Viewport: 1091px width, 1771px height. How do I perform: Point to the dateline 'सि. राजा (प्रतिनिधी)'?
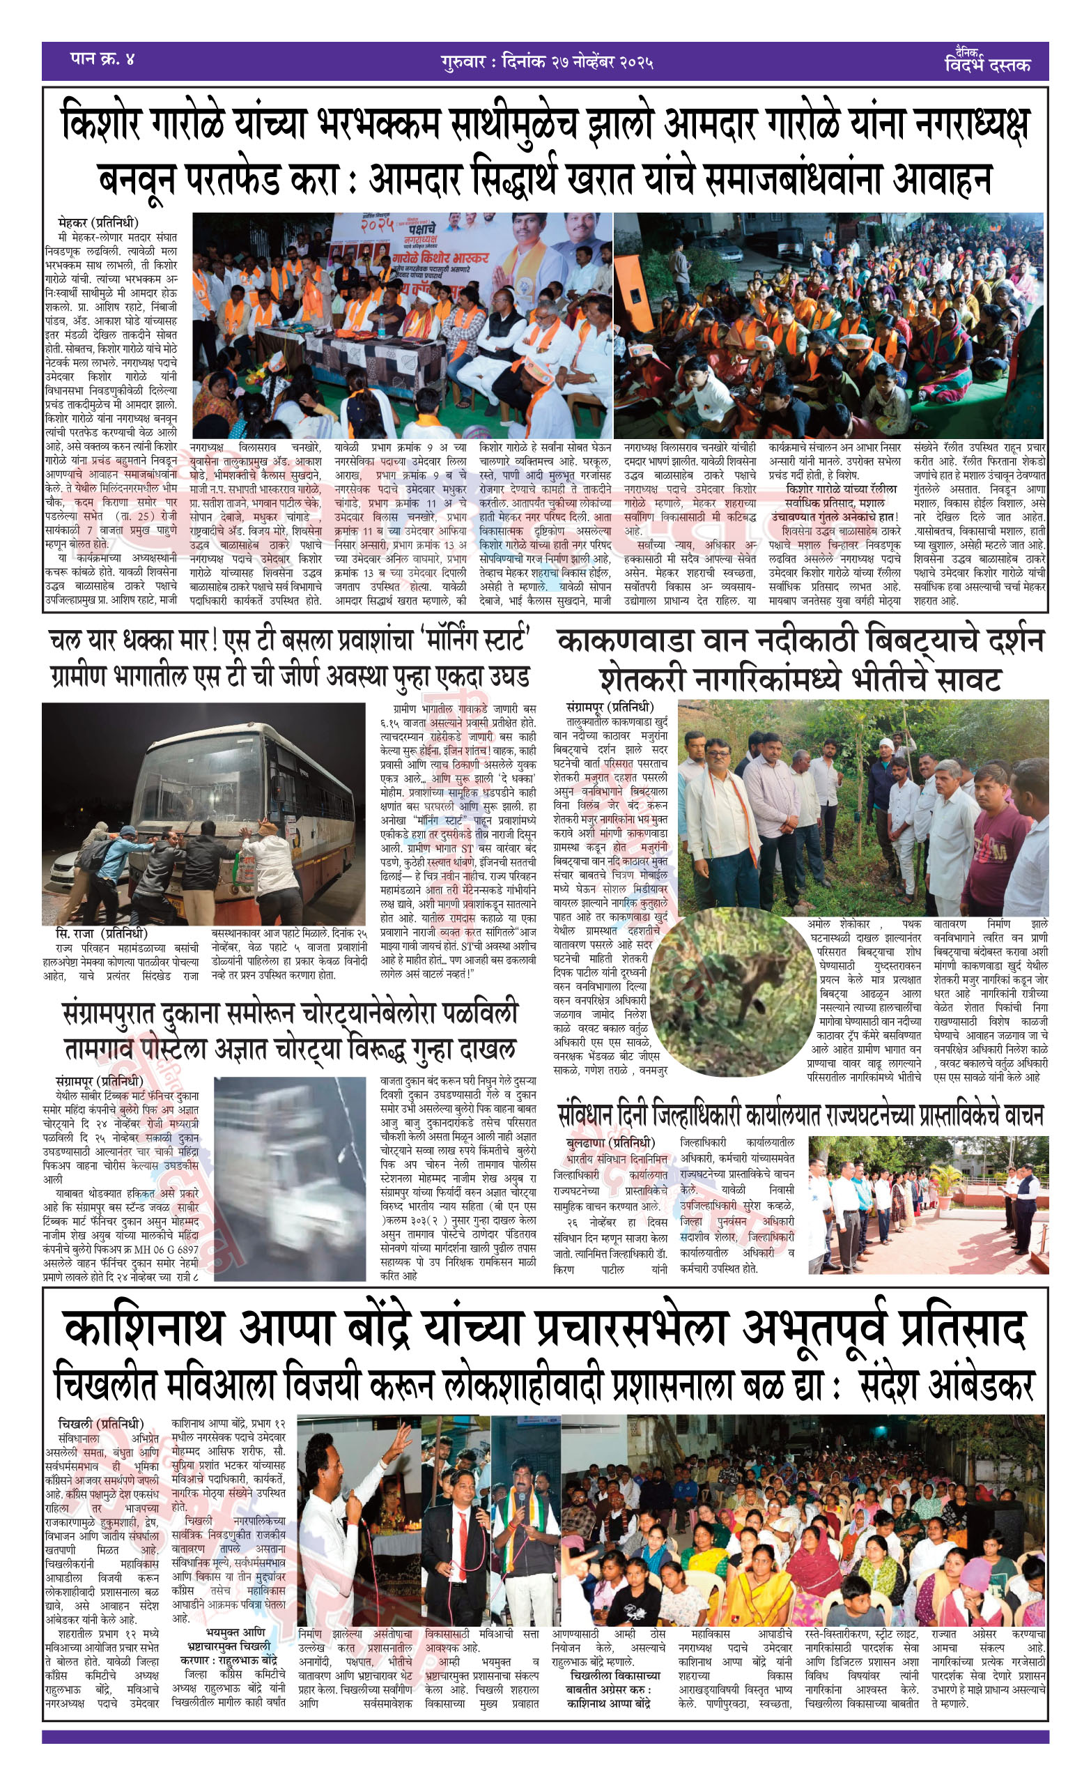(x=101, y=933)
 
